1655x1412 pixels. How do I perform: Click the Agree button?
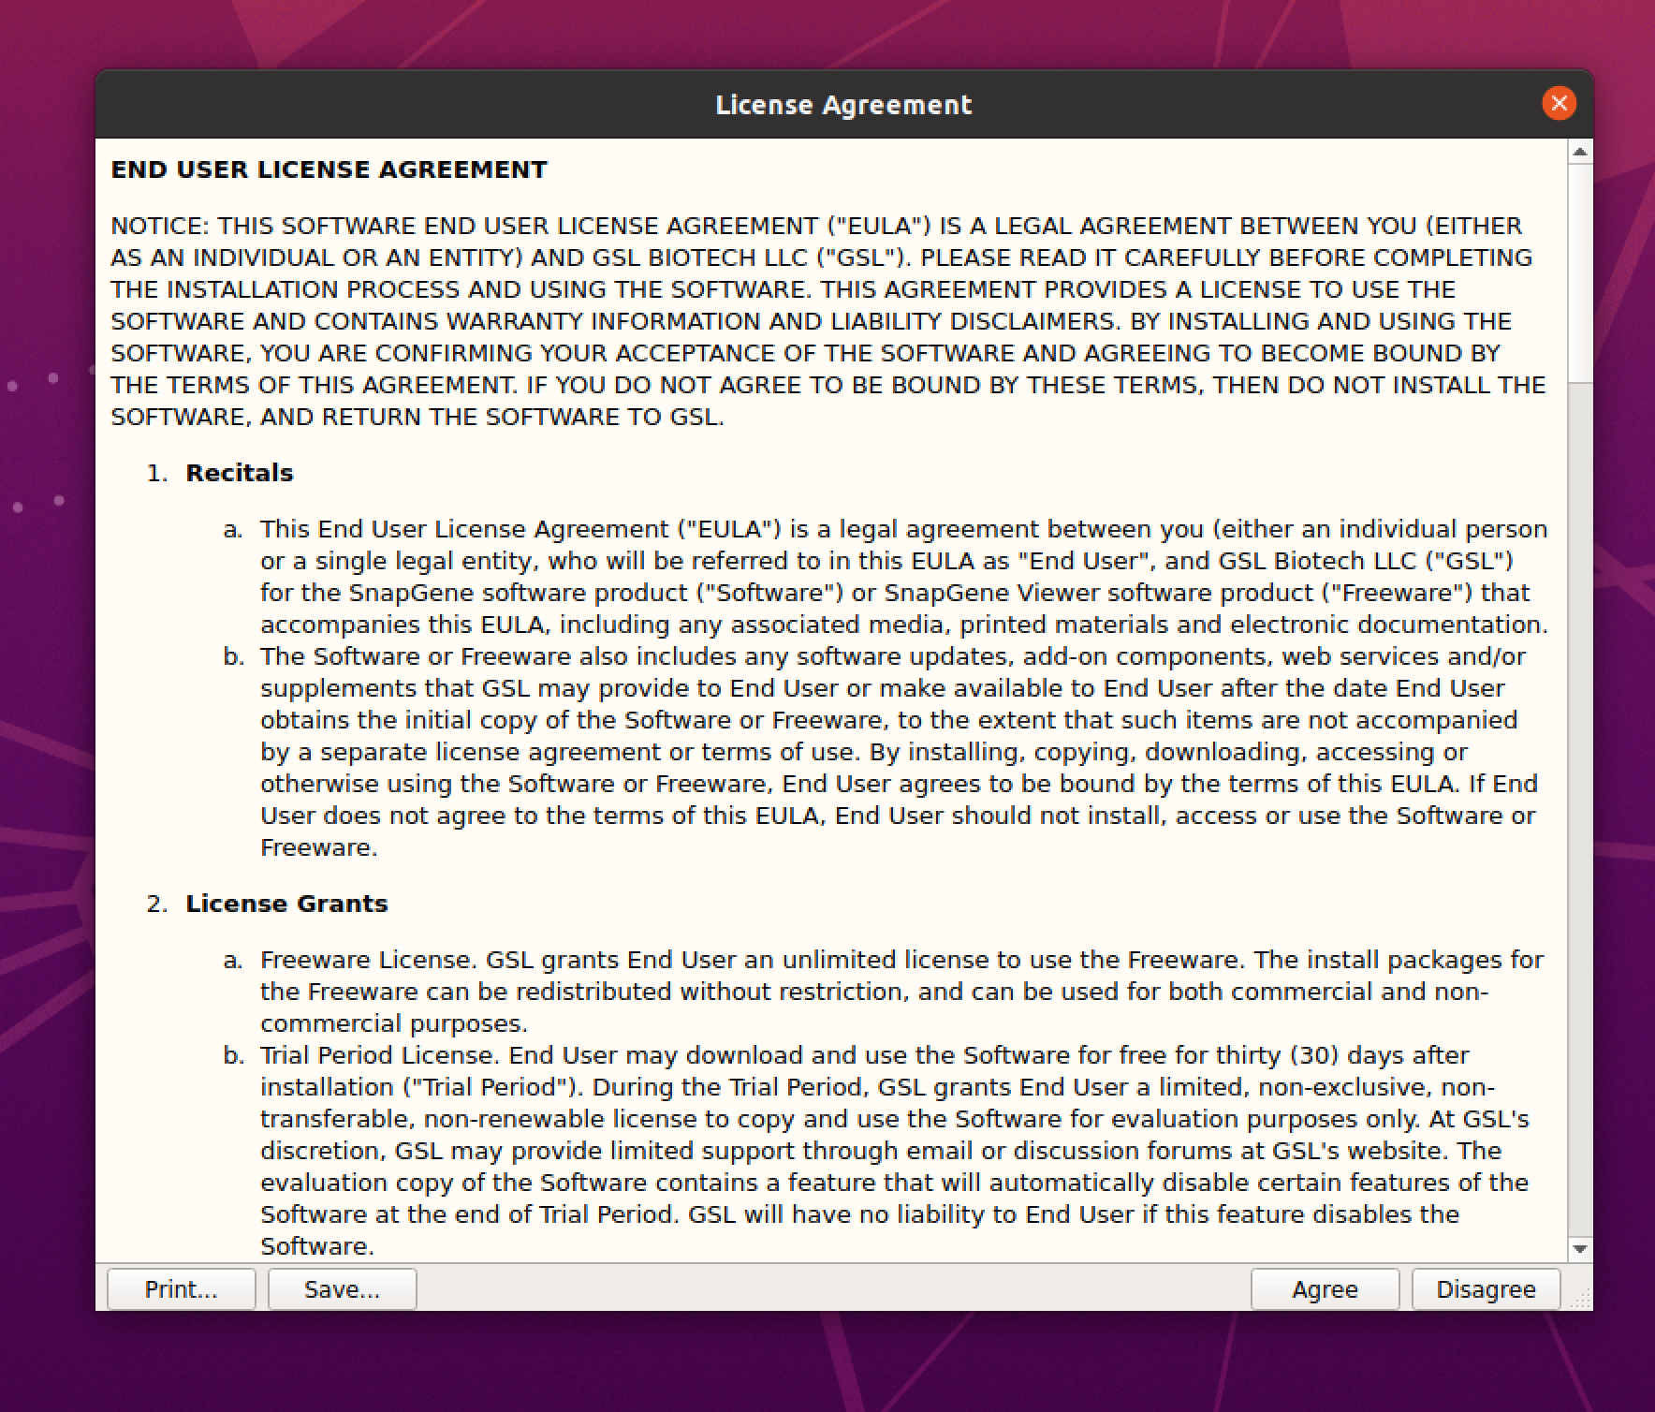(1325, 1289)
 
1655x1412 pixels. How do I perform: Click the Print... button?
(181, 1289)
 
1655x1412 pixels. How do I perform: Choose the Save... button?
(342, 1289)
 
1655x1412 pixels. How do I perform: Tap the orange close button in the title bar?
(1559, 104)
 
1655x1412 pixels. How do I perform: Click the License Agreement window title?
(843, 105)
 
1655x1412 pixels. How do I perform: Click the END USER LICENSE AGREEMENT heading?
(329, 169)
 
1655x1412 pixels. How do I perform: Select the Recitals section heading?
(240, 473)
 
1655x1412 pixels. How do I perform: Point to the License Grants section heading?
(286, 904)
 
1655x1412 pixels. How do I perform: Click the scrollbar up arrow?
(1580, 152)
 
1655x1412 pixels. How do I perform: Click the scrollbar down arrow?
(1580, 1249)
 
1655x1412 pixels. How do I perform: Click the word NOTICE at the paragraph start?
(159, 226)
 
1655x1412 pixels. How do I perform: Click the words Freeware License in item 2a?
(369, 960)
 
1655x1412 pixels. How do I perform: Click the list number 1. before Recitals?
(156, 473)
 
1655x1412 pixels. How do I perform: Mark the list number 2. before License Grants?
(156, 904)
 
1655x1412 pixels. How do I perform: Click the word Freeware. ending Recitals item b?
(318, 847)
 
